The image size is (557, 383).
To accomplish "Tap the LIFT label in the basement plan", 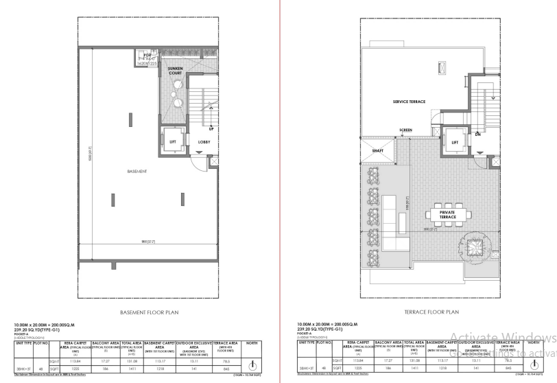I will coord(172,142).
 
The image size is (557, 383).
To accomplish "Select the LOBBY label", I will coord(204,142).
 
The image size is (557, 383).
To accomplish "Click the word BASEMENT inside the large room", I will coord(137,171).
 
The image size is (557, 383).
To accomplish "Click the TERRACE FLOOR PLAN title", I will coord(422,311).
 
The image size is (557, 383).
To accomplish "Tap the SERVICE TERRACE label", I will coord(409,102).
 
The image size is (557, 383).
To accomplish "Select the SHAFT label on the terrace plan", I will coord(377,150).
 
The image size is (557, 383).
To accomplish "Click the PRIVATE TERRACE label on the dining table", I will coord(447,215).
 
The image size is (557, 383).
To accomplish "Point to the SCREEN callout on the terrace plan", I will coord(406,130).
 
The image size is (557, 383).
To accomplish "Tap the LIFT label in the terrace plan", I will coord(454,143).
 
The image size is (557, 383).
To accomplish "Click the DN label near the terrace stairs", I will coord(477,135).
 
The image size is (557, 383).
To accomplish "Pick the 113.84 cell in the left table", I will coord(85,360).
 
